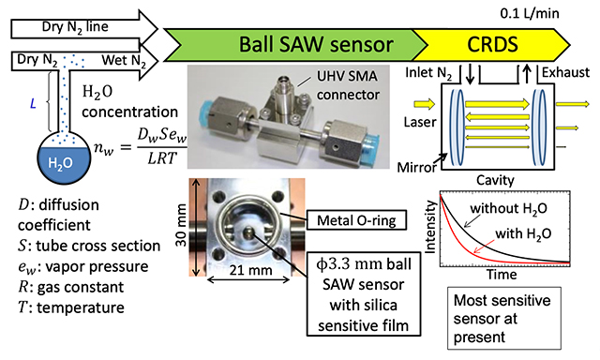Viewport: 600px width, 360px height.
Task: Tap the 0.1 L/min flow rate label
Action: tap(530, 13)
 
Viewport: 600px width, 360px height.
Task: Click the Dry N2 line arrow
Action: tap(84, 28)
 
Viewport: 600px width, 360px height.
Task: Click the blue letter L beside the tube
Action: tap(33, 104)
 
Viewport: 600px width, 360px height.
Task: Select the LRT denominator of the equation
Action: tap(162, 157)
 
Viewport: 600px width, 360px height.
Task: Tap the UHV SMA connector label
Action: tap(348, 85)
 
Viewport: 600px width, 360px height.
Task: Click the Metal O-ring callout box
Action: tap(356, 220)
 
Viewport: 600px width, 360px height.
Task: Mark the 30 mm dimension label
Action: tap(181, 226)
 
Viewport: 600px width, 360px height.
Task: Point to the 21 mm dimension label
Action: tap(250, 270)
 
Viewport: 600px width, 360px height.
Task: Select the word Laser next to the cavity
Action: tap(420, 122)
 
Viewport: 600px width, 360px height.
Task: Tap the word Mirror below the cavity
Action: tap(416, 168)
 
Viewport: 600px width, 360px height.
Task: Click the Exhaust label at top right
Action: tap(565, 72)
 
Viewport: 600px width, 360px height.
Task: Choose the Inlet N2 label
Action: tap(428, 73)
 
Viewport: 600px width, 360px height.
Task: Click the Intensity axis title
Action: tap(430, 227)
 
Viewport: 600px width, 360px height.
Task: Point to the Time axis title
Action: tap(502, 275)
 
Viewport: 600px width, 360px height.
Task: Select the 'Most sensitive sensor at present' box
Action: tap(504, 319)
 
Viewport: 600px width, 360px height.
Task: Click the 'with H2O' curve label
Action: tap(523, 233)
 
